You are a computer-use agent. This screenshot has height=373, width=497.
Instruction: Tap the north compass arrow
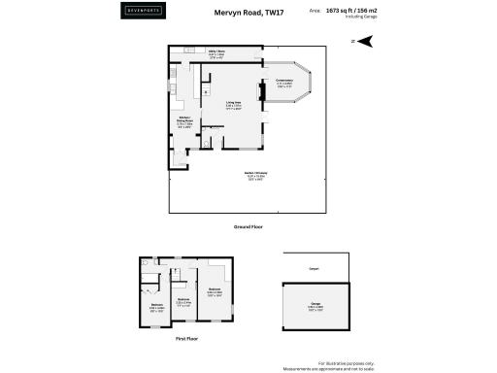366,41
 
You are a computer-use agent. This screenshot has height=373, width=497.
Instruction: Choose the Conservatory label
284,82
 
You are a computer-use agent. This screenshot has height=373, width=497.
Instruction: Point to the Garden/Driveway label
256,175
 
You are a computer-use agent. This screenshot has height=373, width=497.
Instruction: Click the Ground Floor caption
248,226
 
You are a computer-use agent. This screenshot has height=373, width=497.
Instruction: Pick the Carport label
315,271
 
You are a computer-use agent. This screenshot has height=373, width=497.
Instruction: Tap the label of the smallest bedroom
182,300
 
